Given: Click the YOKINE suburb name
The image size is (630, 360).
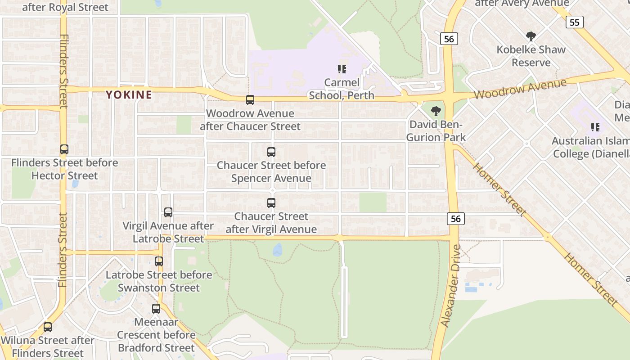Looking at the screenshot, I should [x=129, y=95].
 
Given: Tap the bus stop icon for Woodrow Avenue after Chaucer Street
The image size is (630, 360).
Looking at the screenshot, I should [x=250, y=100].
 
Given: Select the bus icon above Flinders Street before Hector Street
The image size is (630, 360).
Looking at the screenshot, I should [x=64, y=149].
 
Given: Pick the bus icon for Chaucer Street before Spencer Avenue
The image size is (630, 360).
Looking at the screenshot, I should [x=271, y=152].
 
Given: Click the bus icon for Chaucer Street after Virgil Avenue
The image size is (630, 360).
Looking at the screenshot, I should [x=271, y=203].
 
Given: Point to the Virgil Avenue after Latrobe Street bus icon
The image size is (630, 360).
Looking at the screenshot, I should [x=168, y=212].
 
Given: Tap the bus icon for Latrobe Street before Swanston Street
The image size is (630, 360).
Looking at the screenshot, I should [x=159, y=261].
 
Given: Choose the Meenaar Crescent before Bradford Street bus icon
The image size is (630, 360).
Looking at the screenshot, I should [x=156, y=309].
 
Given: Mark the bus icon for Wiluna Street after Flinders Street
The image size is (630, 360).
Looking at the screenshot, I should [x=48, y=327].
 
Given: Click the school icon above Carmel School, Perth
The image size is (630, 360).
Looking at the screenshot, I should [x=342, y=69].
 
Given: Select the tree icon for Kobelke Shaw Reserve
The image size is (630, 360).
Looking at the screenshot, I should [x=531, y=36].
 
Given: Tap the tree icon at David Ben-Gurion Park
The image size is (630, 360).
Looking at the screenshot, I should [x=436, y=111].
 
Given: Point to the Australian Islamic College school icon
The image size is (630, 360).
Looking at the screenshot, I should [x=595, y=127].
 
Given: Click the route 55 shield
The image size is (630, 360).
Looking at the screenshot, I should [x=575, y=22].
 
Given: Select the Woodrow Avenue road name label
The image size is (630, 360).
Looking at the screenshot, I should [x=520, y=89].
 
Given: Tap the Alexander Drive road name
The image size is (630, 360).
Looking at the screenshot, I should [x=451, y=286].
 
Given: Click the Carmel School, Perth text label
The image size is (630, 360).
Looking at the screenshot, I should [x=342, y=89].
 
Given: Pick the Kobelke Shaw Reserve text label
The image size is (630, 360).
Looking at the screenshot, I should [x=531, y=56].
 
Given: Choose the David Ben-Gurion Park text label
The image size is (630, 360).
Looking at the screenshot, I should [x=436, y=131].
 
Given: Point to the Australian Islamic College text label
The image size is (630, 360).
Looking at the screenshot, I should [x=590, y=148].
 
